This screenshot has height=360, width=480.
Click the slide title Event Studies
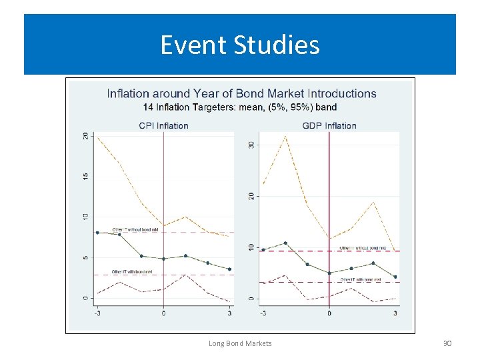(240, 45)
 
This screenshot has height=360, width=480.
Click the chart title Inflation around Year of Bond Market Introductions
(241, 94)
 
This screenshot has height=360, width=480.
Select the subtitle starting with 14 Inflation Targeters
(240, 107)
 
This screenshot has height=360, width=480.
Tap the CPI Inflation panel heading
(163, 125)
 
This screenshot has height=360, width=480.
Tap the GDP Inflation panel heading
(329, 125)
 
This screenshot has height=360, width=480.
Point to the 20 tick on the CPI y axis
(85, 135)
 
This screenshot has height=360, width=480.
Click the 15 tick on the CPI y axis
(85, 176)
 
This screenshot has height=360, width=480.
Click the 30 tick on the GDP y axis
(251, 145)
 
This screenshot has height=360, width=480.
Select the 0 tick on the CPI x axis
(163, 313)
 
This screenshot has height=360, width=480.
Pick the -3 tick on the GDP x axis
(263, 313)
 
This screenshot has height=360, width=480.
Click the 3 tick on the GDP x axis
(395, 313)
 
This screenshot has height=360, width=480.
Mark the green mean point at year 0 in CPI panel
(163, 259)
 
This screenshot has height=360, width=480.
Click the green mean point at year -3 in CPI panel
(97, 233)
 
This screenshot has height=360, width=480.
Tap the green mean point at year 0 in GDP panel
(329, 273)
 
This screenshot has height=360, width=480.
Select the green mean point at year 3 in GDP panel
(395, 277)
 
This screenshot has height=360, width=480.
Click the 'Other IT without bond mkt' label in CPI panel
(135, 229)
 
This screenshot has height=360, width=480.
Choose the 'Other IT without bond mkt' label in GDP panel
(362, 247)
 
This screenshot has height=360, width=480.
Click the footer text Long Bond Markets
(240, 343)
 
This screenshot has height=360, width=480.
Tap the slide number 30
(447, 343)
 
